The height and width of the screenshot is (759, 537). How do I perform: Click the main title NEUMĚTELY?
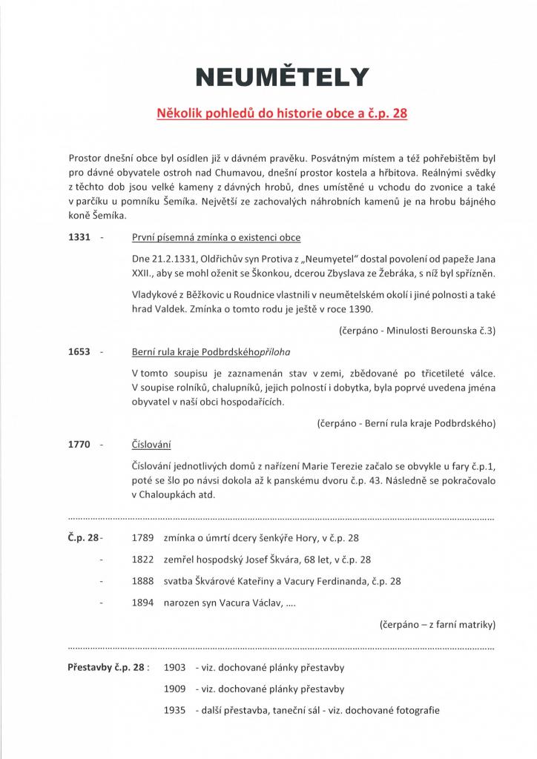coord(281,77)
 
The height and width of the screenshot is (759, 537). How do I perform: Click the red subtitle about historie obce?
coord(281,115)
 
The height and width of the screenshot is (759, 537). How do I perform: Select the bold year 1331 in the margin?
coord(79,238)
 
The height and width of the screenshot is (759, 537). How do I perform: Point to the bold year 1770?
coord(79,445)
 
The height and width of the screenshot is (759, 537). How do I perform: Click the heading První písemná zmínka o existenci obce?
coord(216,238)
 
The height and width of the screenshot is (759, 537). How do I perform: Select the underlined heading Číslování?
coord(151,445)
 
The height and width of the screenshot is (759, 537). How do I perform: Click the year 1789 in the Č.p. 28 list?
coord(142,537)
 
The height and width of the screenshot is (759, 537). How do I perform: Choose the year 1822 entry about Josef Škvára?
coord(142,560)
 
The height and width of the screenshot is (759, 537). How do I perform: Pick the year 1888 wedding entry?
coord(142,581)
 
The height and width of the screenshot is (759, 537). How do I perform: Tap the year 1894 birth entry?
coord(142,603)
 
